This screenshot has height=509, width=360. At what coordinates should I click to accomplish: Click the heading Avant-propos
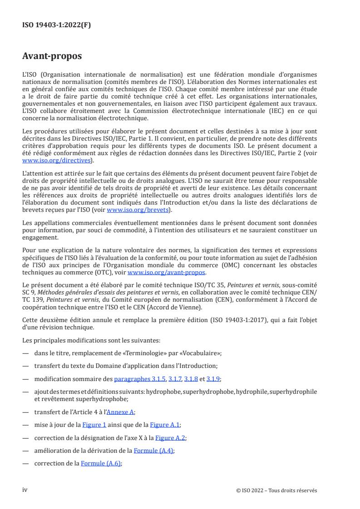52,57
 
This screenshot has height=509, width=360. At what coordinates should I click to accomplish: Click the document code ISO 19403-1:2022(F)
57,25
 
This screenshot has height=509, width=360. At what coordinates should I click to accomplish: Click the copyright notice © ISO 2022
276,490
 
